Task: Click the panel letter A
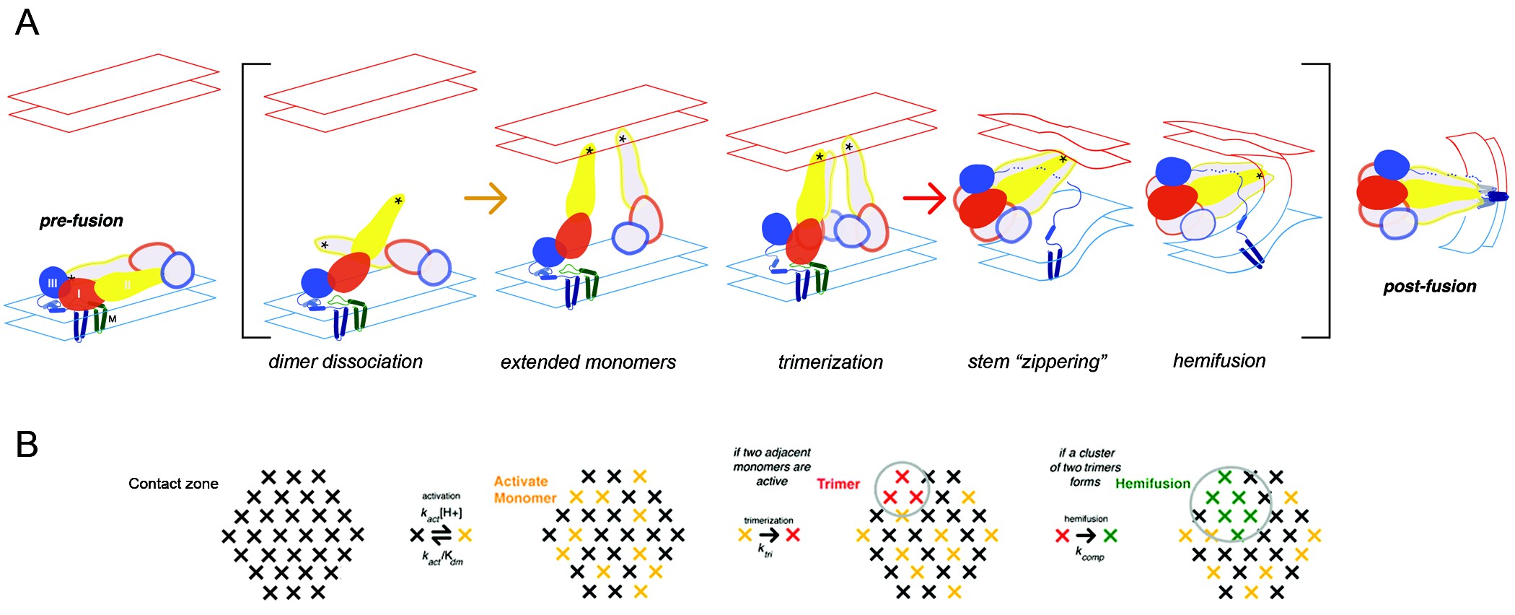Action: pyautogui.click(x=27, y=22)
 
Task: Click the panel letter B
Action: pyautogui.click(x=27, y=445)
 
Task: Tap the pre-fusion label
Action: pyautogui.click(x=81, y=221)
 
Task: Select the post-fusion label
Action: pyautogui.click(x=1429, y=287)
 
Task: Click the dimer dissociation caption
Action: pyautogui.click(x=345, y=362)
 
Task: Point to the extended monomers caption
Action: pyautogui.click(x=588, y=362)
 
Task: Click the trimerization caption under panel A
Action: pyautogui.click(x=830, y=362)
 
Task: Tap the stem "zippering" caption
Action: pyautogui.click(x=1037, y=362)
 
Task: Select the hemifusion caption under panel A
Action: pyautogui.click(x=1218, y=361)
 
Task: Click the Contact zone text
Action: pyautogui.click(x=173, y=484)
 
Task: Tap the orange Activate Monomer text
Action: pyautogui.click(x=524, y=489)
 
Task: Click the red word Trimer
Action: pyautogui.click(x=838, y=484)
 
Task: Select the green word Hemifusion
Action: pyautogui.click(x=1152, y=484)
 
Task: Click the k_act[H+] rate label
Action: pyautogui.click(x=441, y=513)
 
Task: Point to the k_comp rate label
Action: pyautogui.click(x=1089, y=554)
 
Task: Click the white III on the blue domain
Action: pyautogui.click(x=52, y=283)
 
